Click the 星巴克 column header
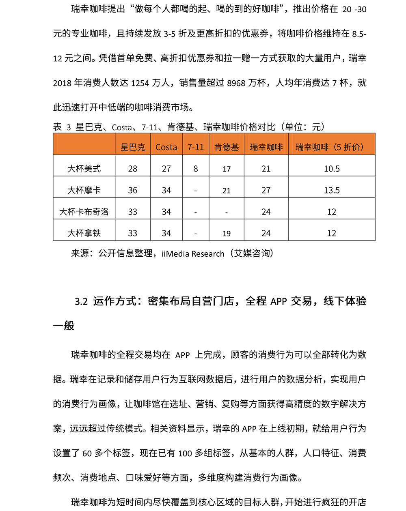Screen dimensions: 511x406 (133, 147)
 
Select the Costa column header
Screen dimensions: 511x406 (166, 147)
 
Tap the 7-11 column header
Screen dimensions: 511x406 (196, 147)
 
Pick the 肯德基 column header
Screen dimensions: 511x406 (227, 147)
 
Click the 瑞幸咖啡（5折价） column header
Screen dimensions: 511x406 (332, 147)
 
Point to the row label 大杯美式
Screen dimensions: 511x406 (84, 169)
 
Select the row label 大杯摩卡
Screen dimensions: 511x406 (84, 190)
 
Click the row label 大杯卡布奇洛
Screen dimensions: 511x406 (84, 212)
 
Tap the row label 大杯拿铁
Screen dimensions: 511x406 (84, 233)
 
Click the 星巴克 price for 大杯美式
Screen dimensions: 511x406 (133, 169)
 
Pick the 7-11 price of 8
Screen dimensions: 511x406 (196, 169)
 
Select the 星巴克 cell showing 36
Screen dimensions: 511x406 (133, 190)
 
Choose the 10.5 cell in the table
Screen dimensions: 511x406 (332, 169)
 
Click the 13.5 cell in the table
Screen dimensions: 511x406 (332, 190)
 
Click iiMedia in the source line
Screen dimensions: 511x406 (175, 254)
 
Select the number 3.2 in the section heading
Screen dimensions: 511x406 (81, 301)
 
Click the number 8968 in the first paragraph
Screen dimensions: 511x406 (236, 83)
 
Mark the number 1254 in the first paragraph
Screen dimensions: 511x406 (140, 83)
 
